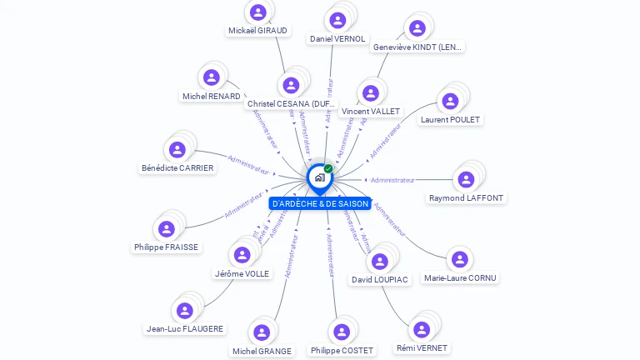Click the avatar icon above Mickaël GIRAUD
pos(258,12)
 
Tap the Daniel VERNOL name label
pos(337,39)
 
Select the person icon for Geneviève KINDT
pos(415,28)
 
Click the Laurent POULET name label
pos(451,120)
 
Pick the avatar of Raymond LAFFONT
pos(467,179)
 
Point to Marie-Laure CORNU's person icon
pos(459,259)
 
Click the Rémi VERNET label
pos(422,348)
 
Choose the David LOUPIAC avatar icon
pos(380,261)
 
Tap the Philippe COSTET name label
pos(342,351)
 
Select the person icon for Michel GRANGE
pos(262,332)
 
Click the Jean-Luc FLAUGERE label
pos(184,329)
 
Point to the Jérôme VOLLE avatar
pos(242,255)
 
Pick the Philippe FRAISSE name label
pos(167,247)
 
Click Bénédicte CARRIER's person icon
pos(177,150)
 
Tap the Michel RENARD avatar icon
pos(212,77)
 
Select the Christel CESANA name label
pos(292,104)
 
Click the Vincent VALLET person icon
pos(371,93)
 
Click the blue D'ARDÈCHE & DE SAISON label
pos(321,203)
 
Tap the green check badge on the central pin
pos(328,168)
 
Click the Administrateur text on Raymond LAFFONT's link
pos(392,180)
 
